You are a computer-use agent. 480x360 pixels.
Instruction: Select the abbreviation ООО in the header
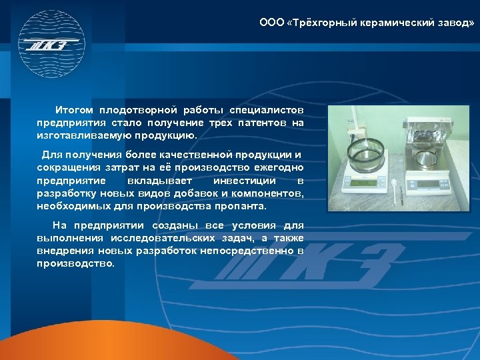(x=271, y=23)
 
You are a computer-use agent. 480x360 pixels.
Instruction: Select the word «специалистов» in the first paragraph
(x=266, y=109)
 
